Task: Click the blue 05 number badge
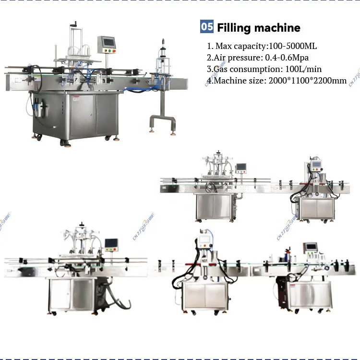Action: click(x=207, y=27)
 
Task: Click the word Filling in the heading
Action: click(x=234, y=27)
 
